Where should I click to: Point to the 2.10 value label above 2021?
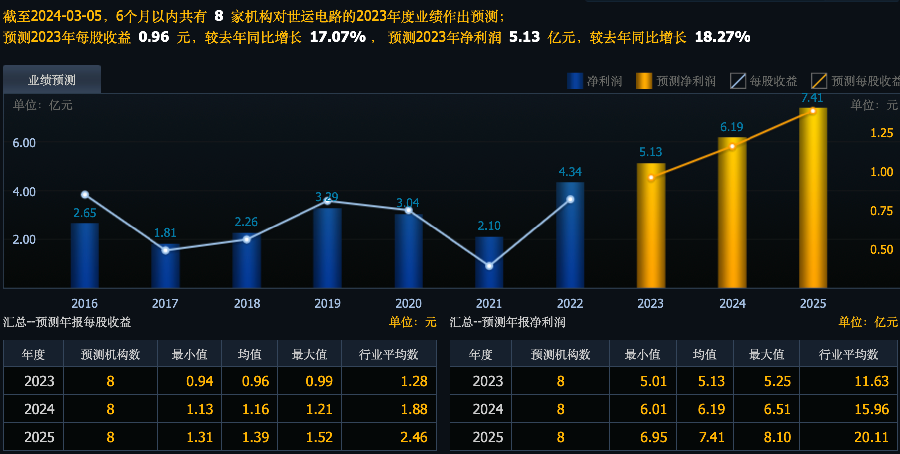(489, 226)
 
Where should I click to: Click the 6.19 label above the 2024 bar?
(731, 127)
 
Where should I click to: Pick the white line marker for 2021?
(489, 266)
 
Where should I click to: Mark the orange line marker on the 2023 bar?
(651, 177)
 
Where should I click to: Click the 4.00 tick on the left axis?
(24, 192)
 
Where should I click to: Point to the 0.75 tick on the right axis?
(881, 211)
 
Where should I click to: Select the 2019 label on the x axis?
(327, 303)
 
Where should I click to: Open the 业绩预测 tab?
(52, 80)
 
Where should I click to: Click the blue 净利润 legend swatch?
(575, 81)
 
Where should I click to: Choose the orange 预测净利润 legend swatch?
(644, 81)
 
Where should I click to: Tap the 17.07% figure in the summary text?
(338, 37)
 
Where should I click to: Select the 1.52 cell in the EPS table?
(319, 437)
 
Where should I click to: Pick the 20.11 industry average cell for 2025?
(871, 437)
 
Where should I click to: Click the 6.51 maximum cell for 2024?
(777, 409)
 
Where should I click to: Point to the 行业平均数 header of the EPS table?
(389, 354)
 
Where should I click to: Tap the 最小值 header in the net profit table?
(642, 354)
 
